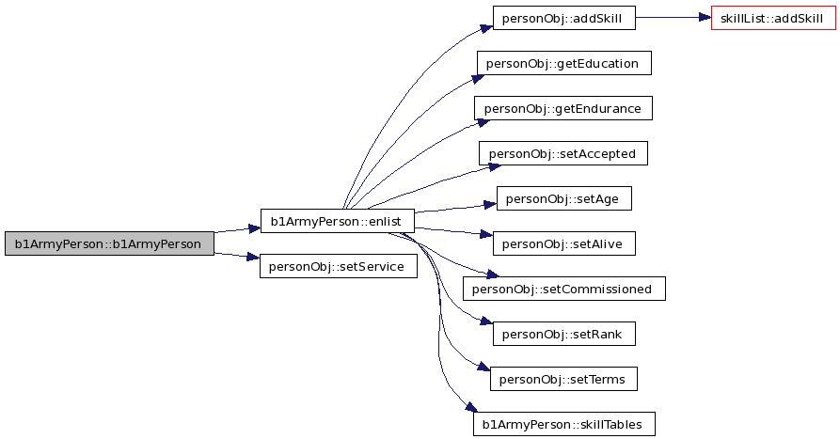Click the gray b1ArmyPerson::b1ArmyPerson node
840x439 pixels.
pyautogui.click(x=109, y=243)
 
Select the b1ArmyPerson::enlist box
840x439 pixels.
pyautogui.click(x=338, y=221)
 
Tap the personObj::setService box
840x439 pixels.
pyautogui.click(x=338, y=266)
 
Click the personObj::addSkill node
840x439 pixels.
pyautogui.click(x=564, y=18)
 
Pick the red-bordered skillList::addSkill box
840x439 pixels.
pyautogui.click(x=773, y=18)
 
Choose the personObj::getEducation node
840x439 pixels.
pyautogui.click(x=564, y=63)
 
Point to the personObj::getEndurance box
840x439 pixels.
pyautogui.click(x=563, y=108)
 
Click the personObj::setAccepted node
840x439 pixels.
pyautogui.click(x=563, y=153)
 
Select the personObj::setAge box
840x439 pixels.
pyautogui.click(x=564, y=198)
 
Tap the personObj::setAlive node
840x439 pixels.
pyautogui.click(x=564, y=243)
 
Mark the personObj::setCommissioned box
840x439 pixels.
pyautogui.click(x=564, y=289)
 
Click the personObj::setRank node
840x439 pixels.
pyautogui.click(x=564, y=334)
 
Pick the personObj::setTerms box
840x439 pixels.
pyautogui.click(x=563, y=379)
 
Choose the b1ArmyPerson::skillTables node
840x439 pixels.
pyautogui.click(x=564, y=424)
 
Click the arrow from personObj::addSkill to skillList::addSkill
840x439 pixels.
pyautogui.click(x=674, y=18)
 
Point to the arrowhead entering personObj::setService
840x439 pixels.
pyautogui.click(x=253, y=258)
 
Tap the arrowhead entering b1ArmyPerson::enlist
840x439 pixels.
pyautogui.click(x=254, y=229)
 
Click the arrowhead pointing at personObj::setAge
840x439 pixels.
pyautogui.click(x=490, y=205)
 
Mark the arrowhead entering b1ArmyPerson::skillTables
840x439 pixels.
pyautogui.click(x=471, y=407)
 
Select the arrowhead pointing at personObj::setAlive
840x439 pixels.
pyautogui.click(x=486, y=234)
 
